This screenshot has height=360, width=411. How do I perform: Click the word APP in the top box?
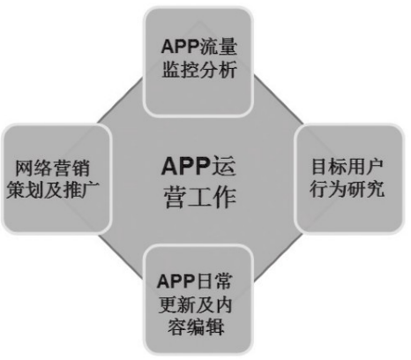(180, 47)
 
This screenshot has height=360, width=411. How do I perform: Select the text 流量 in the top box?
(218, 47)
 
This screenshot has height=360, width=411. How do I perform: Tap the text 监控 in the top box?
(181, 70)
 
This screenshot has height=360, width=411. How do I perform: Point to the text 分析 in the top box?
(219, 70)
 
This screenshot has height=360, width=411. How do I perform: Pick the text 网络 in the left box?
(34, 169)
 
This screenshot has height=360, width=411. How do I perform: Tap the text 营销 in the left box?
(71, 169)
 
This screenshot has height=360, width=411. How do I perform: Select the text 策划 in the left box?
(26, 190)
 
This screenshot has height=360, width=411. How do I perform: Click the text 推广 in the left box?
(81, 190)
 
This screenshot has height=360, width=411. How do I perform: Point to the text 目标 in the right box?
(329, 167)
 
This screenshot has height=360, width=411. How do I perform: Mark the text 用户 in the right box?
(365, 167)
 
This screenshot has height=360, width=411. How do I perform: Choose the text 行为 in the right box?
(328, 189)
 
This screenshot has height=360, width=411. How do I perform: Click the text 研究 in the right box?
(366, 189)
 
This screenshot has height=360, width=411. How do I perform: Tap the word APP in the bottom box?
(176, 281)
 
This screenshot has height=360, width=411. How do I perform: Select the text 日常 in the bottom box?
(213, 281)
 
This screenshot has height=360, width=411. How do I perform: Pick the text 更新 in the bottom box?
(176, 304)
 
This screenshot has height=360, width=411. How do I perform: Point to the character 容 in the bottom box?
(177, 327)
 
